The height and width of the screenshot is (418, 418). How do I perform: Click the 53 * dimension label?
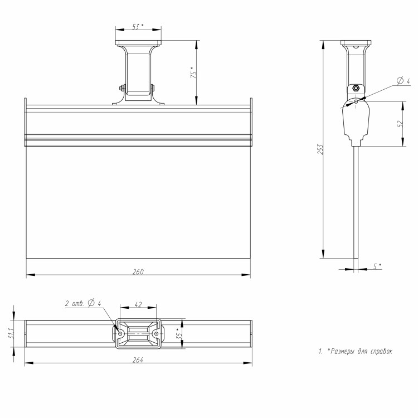(138, 26)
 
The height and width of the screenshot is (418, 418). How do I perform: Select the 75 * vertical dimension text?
(194, 72)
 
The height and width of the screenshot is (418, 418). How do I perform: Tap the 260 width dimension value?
(138, 271)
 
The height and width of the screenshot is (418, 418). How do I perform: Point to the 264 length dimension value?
(138, 360)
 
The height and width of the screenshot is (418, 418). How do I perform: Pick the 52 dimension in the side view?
(400, 123)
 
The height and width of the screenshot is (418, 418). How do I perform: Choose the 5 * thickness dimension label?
(377, 266)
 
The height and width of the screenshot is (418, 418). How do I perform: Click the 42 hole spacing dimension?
(138, 304)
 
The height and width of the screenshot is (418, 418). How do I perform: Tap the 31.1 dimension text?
(11, 333)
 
